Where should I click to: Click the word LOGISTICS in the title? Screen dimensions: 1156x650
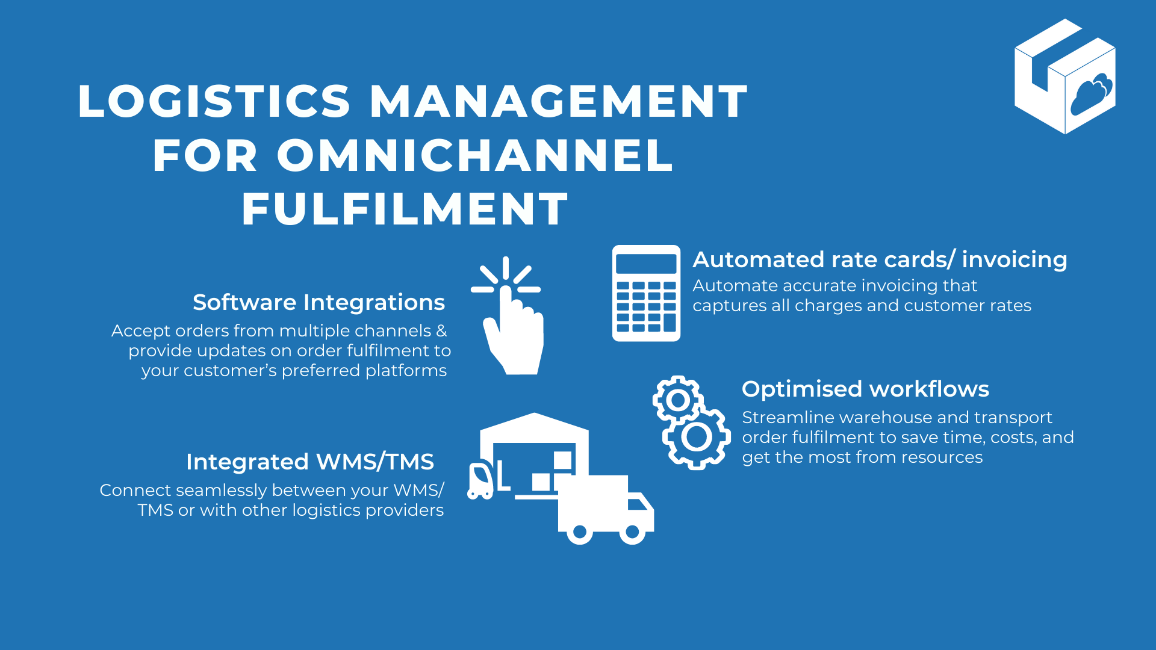(x=214, y=101)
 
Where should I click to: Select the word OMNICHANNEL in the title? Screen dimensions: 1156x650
(x=475, y=155)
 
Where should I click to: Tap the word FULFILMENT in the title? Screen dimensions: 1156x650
(x=405, y=209)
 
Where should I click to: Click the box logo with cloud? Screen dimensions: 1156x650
(x=1065, y=76)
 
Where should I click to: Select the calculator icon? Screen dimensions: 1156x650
(x=646, y=293)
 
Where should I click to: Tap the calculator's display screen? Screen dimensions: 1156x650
(x=646, y=264)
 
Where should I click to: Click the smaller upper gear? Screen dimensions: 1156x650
(x=678, y=399)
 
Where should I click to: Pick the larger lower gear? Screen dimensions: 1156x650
(x=697, y=438)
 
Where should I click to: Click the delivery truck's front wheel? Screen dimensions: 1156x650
(x=633, y=532)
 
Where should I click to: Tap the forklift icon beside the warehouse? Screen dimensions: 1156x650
(x=480, y=480)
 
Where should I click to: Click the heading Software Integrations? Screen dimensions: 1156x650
(x=319, y=302)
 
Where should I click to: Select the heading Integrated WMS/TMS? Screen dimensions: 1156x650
(x=309, y=462)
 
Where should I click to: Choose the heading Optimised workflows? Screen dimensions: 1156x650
(x=865, y=389)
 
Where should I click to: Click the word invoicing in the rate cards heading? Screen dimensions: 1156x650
(x=1015, y=259)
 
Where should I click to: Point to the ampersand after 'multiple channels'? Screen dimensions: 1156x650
(x=441, y=330)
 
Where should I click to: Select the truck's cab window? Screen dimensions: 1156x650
(x=638, y=503)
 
